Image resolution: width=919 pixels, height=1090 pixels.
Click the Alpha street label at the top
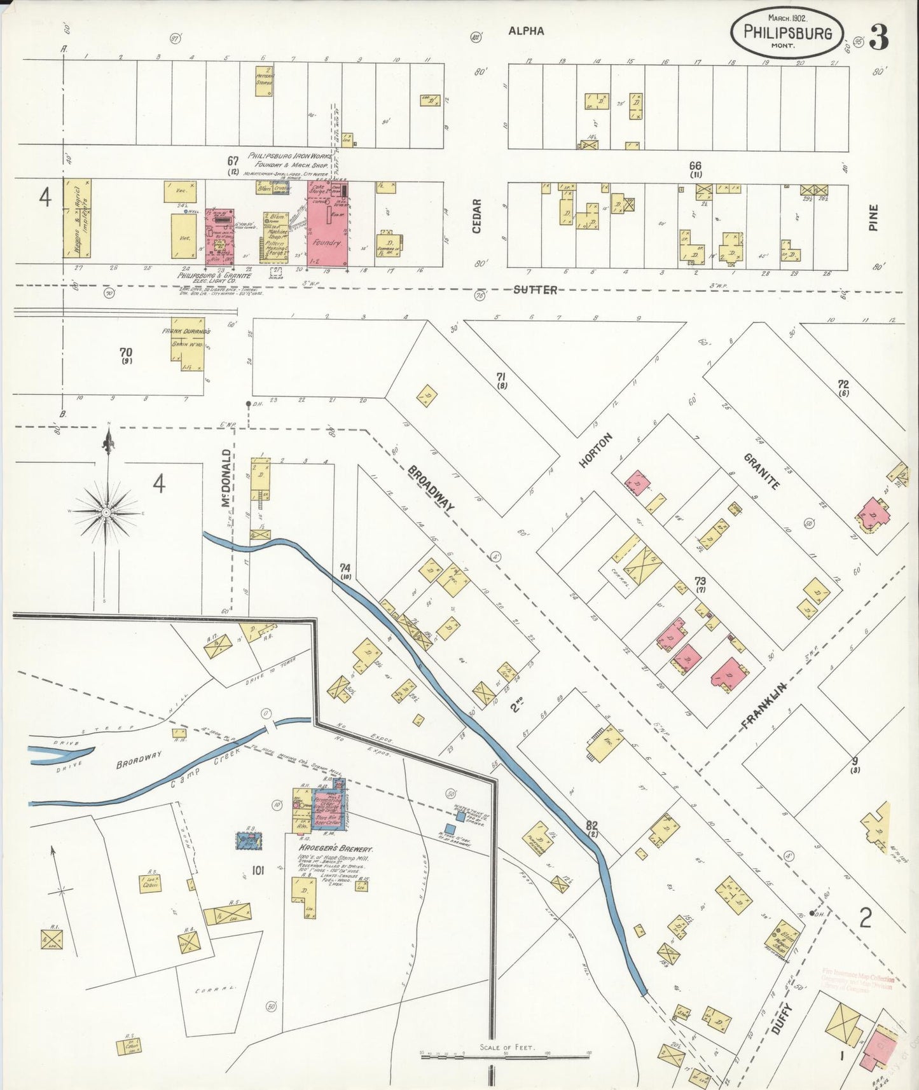point(526,31)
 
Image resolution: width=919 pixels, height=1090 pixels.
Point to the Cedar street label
point(477,216)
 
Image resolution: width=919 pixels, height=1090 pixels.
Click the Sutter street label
point(536,290)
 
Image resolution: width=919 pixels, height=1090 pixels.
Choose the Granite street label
point(761,471)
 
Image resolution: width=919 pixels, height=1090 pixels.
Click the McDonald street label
point(225,478)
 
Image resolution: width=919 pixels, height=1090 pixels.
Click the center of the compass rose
point(107,512)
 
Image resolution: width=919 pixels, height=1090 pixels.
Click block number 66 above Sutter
point(695,165)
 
